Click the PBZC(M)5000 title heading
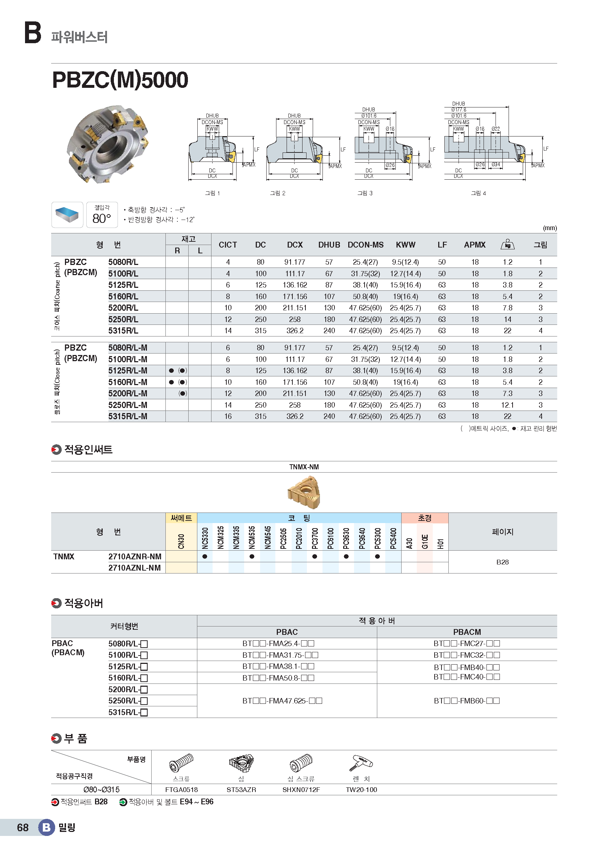[x=120, y=80]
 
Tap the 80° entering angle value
[x=102, y=219]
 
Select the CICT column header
[x=227, y=245]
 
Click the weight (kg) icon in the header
[x=507, y=244]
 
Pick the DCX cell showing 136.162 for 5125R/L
[x=295, y=285]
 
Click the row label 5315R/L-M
[x=127, y=416]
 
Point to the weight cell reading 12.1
[x=507, y=405]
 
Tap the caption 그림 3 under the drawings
[x=365, y=193]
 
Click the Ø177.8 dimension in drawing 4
[x=459, y=110]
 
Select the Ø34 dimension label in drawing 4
[x=496, y=164]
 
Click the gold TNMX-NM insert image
[x=304, y=492]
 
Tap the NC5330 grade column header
[x=205, y=538]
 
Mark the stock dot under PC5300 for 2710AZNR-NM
[x=377, y=556]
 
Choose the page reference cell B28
[x=502, y=562]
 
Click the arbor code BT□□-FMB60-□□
[x=467, y=701]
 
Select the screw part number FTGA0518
[x=181, y=790]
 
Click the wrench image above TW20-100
[x=361, y=763]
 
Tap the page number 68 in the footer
[x=22, y=828]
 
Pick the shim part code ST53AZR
[x=241, y=790]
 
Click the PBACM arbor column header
[x=467, y=632]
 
